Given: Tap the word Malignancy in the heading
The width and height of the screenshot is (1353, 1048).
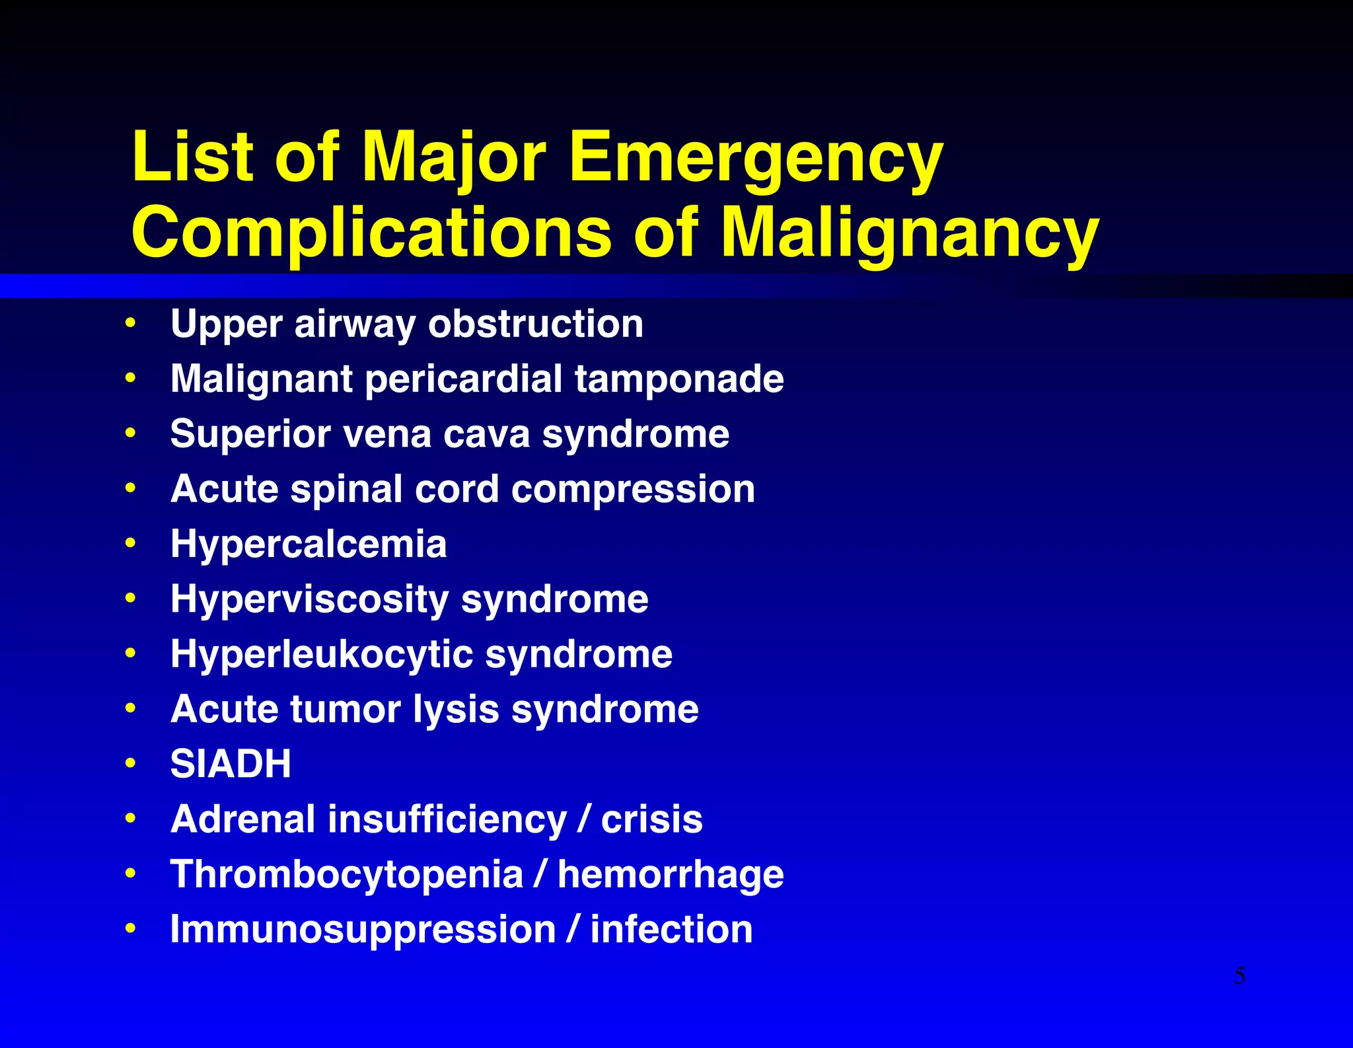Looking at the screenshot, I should click(x=910, y=233).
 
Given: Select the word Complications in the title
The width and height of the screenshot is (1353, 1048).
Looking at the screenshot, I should click(x=372, y=233).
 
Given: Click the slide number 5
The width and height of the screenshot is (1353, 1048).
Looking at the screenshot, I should click(x=1240, y=975).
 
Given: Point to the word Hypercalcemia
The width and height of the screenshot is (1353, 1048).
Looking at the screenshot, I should click(x=309, y=544).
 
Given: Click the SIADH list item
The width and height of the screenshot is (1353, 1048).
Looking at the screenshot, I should click(x=231, y=764).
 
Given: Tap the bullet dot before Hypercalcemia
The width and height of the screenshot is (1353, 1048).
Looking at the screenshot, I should click(x=131, y=543).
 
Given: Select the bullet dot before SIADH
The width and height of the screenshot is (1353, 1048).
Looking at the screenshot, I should click(x=131, y=763).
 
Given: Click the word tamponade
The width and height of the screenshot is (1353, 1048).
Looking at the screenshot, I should click(x=679, y=379).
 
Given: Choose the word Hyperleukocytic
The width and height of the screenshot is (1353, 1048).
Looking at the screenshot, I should click(x=322, y=654).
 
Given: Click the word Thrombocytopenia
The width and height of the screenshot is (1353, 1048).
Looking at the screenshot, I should click(x=347, y=874).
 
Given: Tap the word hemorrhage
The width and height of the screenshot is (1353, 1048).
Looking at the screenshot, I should click(x=671, y=874).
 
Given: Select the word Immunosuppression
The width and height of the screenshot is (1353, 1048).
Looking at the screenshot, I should click(x=363, y=930).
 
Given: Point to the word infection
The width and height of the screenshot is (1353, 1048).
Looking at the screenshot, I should click(x=671, y=929).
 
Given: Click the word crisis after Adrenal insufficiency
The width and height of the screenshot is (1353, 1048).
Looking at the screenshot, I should click(x=651, y=819).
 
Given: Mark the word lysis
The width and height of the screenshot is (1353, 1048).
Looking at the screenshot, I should click(x=457, y=710).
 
